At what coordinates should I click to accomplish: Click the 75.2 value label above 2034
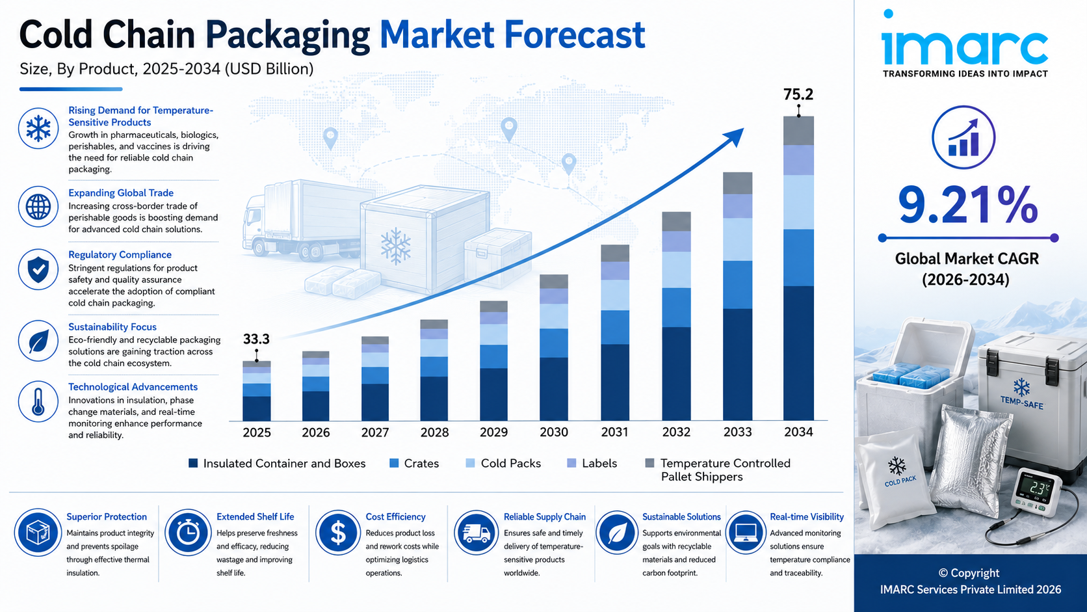[x=798, y=94]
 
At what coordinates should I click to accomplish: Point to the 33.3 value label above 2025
[x=256, y=339]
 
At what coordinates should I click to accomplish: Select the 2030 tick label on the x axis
[x=554, y=432]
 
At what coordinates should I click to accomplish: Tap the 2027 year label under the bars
[x=374, y=432]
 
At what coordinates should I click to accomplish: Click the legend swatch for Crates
[x=394, y=463]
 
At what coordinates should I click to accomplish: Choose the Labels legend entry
[x=592, y=464]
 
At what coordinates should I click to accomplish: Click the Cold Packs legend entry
[x=503, y=464]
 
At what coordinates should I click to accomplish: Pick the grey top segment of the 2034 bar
[x=798, y=131]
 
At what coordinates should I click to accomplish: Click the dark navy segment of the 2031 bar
[x=615, y=382]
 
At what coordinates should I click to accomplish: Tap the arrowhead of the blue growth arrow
[x=735, y=135]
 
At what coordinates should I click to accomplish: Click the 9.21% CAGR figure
[x=967, y=206]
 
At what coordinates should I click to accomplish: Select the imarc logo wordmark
[x=965, y=41]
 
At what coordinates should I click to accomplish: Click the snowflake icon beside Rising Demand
[x=38, y=128]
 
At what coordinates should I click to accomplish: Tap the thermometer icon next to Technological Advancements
[x=38, y=402]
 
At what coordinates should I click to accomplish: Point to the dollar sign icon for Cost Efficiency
[x=338, y=533]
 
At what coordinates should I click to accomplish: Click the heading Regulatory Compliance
[x=120, y=255]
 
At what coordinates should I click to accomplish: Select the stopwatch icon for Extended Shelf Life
[x=188, y=533]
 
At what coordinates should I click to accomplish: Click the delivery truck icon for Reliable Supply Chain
[x=476, y=533]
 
